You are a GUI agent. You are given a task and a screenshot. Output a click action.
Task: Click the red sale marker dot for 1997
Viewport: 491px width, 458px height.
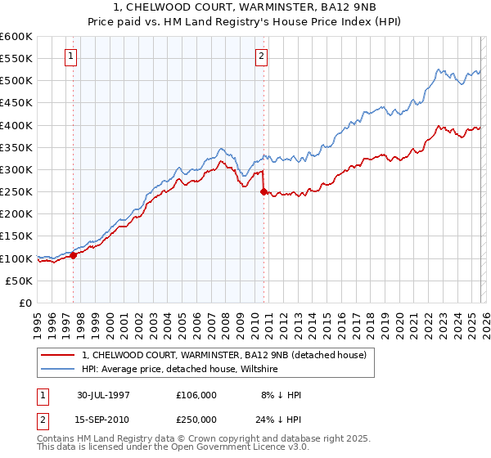74,255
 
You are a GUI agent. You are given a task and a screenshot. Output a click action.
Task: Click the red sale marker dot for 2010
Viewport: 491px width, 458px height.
264,192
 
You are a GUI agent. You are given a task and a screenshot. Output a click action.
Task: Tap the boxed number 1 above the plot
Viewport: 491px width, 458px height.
71,56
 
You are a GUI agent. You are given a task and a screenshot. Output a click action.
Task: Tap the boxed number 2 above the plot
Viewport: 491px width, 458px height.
261,56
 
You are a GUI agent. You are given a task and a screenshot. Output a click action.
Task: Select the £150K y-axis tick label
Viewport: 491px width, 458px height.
16,236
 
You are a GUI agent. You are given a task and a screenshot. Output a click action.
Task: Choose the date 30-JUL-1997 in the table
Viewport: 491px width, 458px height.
103,395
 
